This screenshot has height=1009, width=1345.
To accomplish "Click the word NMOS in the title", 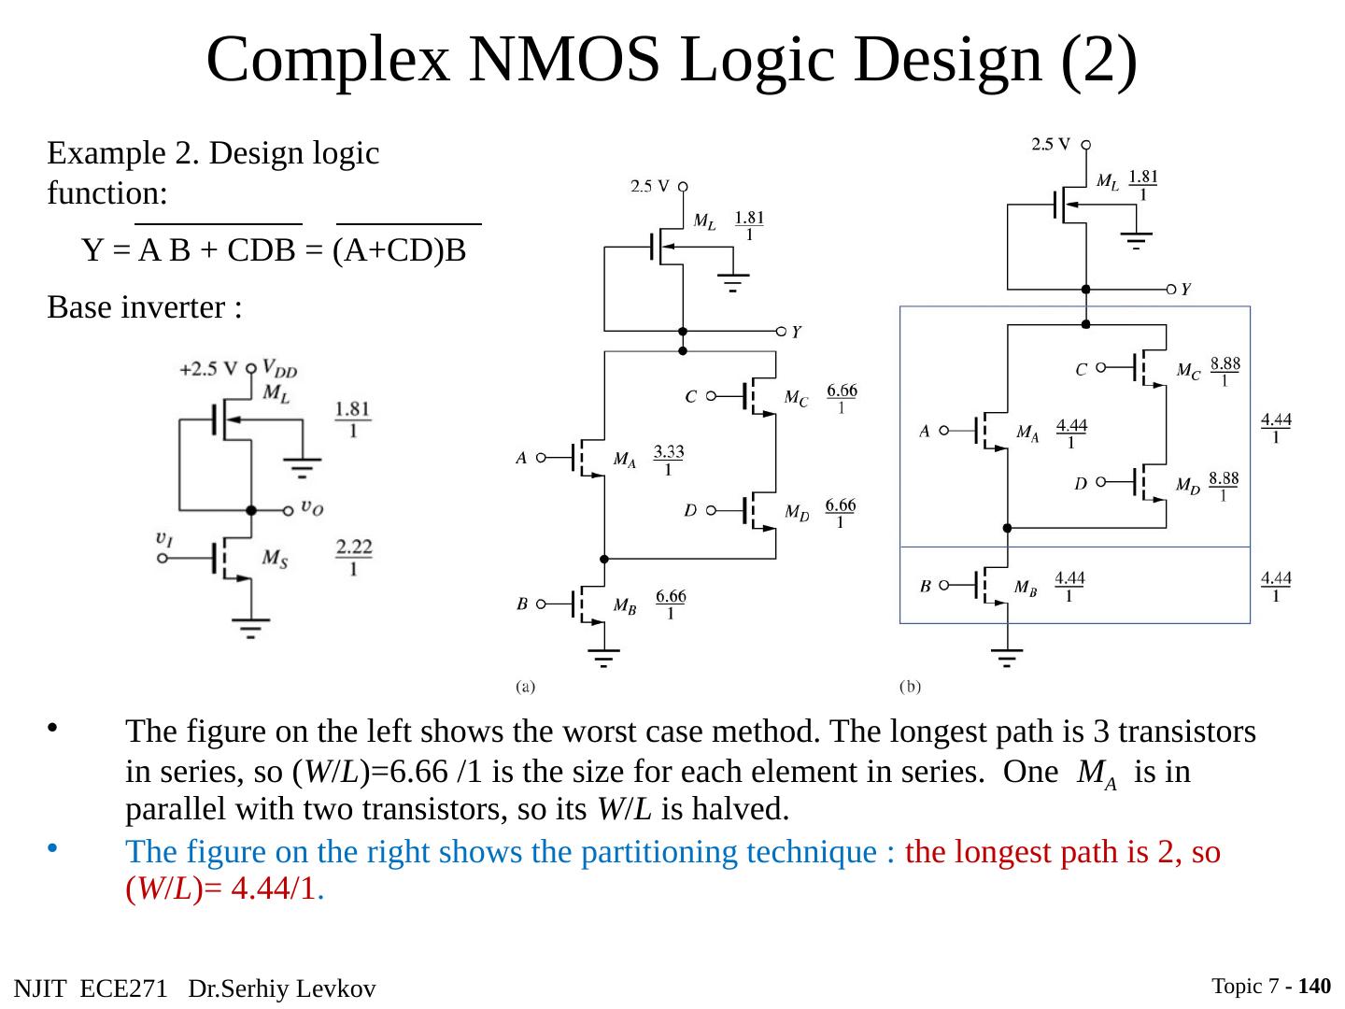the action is click(564, 60).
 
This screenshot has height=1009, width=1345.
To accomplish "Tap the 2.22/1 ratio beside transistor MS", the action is click(354, 557).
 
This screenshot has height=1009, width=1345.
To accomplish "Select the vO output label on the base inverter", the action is click(312, 508).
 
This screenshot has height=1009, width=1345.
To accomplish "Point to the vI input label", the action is click(164, 538).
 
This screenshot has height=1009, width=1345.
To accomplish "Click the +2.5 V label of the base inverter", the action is click(207, 369).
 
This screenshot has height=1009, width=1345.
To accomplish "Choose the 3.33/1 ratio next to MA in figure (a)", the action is click(669, 460).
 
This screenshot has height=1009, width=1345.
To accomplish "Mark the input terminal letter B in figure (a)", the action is click(522, 604).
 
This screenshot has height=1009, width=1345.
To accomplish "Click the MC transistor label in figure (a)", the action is click(796, 398).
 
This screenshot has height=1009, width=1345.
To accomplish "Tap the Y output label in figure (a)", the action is click(796, 332).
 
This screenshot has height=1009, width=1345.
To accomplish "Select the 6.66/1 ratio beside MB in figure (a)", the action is click(671, 604).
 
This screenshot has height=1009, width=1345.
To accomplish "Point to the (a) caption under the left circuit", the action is click(525, 687).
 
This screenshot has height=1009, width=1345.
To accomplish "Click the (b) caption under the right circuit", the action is click(910, 687).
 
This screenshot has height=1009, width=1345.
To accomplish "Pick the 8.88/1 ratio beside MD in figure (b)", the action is click(1223, 487).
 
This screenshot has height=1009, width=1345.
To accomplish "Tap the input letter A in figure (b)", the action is click(924, 432).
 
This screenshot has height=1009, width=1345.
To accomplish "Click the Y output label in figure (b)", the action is click(1185, 290).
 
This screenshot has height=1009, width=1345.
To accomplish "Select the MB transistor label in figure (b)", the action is click(1026, 588).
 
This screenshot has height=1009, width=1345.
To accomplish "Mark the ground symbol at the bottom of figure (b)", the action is click(1006, 657).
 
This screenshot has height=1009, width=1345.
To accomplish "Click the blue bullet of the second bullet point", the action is click(52, 848).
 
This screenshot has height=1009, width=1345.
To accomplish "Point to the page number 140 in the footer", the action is click(1314, 986).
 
